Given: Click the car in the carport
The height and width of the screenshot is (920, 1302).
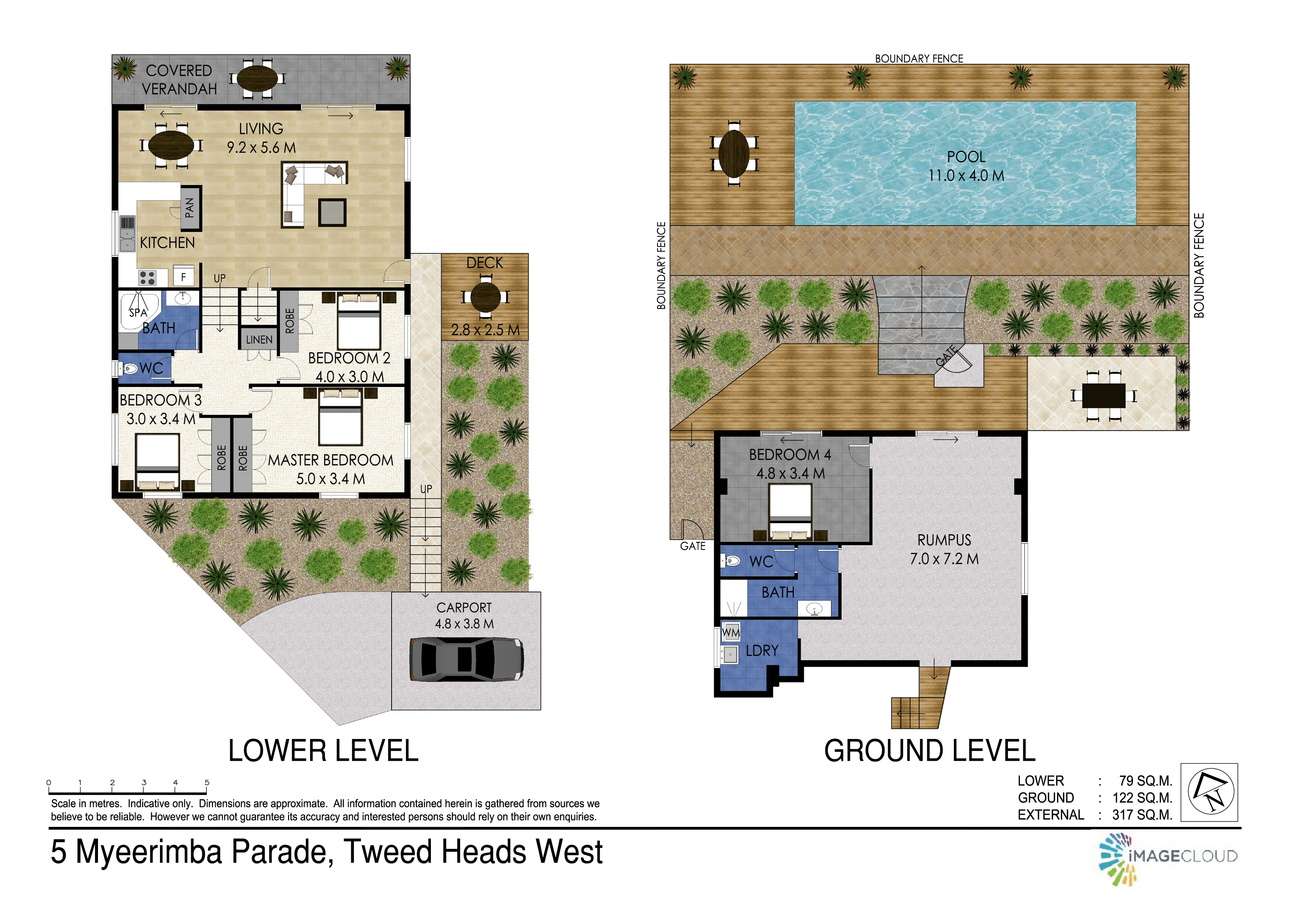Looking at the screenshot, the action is [x=466, y=659].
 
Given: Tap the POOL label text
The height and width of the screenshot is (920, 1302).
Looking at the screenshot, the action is [x=966, y=157].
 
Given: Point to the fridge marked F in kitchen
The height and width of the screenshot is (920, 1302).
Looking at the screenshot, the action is [x=183, y=277].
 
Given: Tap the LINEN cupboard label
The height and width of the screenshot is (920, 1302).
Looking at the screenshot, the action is [x=259, y=339].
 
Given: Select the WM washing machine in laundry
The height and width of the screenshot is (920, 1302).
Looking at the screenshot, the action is [x=730, y=632].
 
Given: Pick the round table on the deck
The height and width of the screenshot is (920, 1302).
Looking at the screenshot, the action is [x=485, y=296].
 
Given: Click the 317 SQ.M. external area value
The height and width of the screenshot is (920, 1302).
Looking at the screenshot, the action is [x=1142, y=815].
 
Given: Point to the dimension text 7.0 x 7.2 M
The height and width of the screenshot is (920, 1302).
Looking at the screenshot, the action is [x=944, y=559].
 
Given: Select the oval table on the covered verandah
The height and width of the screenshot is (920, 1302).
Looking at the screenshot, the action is [x=258, y=78].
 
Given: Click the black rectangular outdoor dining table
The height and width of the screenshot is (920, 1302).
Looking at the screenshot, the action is [x=1103, y=396].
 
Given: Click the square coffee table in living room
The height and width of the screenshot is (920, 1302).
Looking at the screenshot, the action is [x=332, y=213].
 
